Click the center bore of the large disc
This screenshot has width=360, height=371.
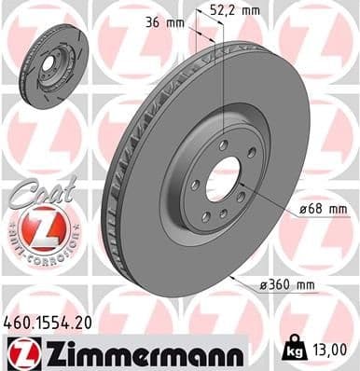click(221, 178)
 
